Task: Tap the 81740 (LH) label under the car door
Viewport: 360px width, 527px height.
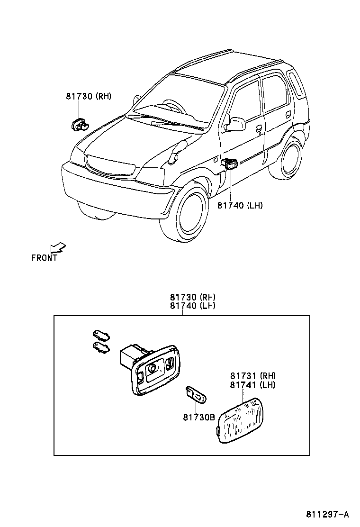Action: [240, 205]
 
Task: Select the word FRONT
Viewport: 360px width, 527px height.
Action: [44, 258]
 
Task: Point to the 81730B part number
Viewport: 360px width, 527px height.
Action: [199, 417]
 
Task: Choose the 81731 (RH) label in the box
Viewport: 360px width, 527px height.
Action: [252, 376]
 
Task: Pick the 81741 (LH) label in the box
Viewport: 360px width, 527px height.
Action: [252, 385]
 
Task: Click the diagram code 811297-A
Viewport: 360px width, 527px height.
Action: [327, 514]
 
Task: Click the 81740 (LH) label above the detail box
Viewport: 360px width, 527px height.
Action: [193, 306]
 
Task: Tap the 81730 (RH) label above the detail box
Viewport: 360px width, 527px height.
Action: [193, 297]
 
